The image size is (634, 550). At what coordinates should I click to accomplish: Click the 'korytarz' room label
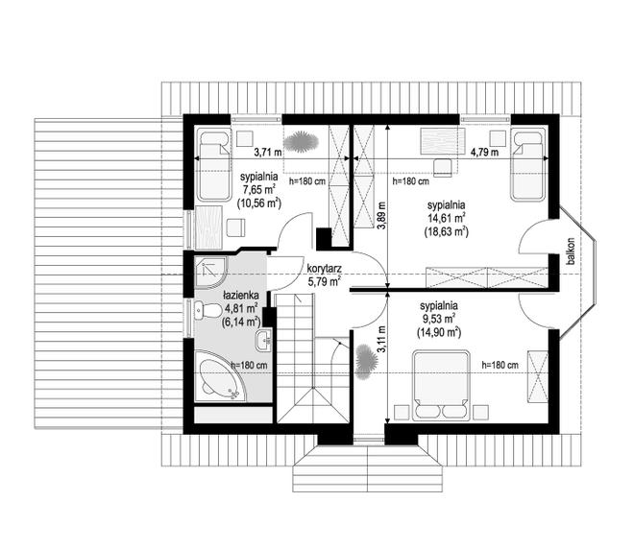(x=325, y=269)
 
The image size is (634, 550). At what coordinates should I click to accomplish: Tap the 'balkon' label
(x=571, y=251)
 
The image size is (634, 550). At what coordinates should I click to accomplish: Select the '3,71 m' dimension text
(x=268, y=153)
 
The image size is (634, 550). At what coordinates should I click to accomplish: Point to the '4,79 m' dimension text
(x=484, y=153)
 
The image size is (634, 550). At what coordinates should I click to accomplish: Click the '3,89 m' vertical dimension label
(x=381, y=215)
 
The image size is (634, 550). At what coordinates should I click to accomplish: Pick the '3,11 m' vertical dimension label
(x=381, y=340)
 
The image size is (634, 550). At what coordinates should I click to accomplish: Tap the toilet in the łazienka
(x=208, y=311)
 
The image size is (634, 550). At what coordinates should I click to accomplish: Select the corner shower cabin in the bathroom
(x=211, y=273)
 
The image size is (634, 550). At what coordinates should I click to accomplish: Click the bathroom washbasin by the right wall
(x=263, y=340)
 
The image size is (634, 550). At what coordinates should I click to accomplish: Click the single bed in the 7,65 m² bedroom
(x=214, y=166)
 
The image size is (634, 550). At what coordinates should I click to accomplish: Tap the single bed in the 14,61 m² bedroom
(x=528, y=165)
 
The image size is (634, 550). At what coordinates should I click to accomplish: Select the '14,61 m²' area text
(x=447, y=219)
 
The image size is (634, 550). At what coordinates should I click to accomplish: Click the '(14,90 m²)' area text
(x=439, y=332)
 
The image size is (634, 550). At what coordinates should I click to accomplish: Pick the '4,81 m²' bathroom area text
(x=241, y=309)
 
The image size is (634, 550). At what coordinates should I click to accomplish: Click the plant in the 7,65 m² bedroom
(x=301, y=142)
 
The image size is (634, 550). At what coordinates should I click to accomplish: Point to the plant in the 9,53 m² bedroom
(x=367, y=362)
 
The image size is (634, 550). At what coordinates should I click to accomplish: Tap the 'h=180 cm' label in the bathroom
(x=249, y=366)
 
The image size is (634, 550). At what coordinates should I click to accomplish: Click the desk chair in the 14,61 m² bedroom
(x=443, y=168)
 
